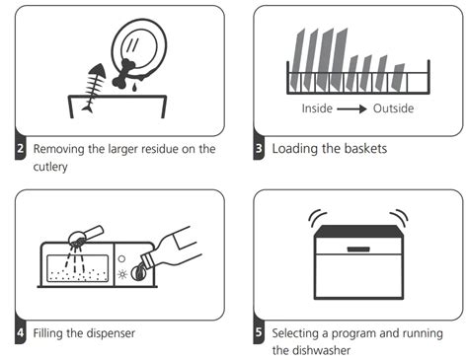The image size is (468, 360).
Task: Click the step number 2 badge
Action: click(x=20, y=149)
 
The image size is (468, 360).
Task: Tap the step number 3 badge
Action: click(x=259, y=149)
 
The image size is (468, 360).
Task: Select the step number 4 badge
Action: click(x=20, y=332)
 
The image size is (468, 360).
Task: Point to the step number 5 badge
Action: click(x=259, y=332)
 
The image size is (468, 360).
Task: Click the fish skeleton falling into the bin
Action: click(x=94, y=88)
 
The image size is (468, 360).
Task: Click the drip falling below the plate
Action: click(x=134, y=88)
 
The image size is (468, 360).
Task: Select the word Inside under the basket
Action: click(x=317, y=108)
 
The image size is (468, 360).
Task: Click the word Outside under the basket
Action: click(x=393, y=108)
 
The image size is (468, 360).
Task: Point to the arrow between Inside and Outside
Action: click(x=351, y=108)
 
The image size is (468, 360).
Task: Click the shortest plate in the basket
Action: click(x=397, y=77)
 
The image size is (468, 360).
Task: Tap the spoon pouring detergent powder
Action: click(x=86, y=235)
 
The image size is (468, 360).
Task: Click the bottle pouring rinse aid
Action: click(x=170, y=250)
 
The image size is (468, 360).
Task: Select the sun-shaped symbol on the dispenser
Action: click(x=122, y=274)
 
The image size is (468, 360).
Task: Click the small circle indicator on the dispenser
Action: click(x=121, y=258)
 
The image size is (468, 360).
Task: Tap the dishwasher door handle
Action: click(x=358, y=250)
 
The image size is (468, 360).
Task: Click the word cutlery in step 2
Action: click(x=50, y=167)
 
